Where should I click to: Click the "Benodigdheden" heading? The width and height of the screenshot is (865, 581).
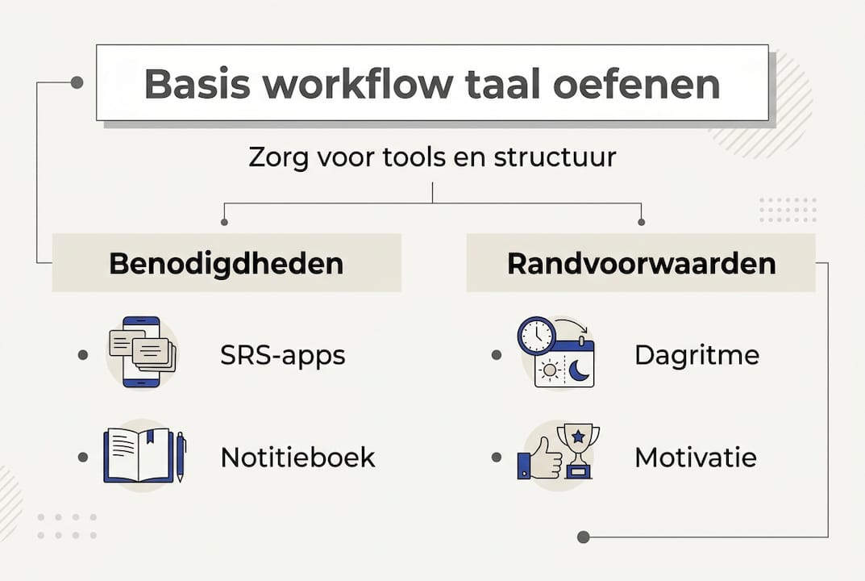tap(226, 263)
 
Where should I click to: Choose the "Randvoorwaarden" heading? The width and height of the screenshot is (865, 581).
tap(641, 263)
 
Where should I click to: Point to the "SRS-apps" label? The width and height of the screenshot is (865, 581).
tap(282, 355)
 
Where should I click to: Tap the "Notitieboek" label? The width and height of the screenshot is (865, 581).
tap(297, 458)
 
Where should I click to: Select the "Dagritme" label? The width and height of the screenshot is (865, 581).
tap(697, 355)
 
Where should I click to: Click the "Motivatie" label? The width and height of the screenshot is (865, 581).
tap(695, 458)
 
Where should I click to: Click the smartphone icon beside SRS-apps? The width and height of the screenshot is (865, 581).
tap(142, 352)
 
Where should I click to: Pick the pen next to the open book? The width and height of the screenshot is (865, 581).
tap(180, 457)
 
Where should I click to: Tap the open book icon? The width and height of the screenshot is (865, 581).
tap(138, 456)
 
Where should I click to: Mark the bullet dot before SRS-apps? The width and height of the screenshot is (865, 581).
tap(83, 355)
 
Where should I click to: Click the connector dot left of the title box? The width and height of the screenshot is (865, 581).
tap(77, 82)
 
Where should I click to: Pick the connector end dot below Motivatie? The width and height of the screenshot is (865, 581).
tap(584, 537)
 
